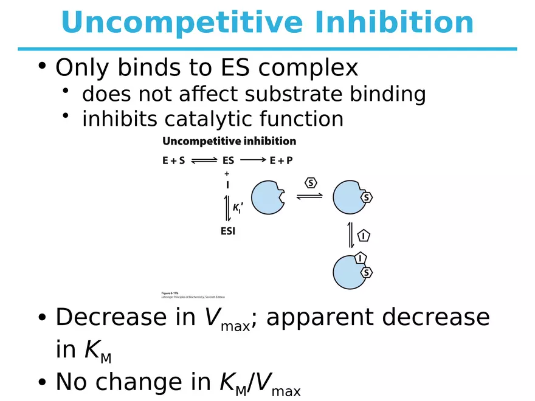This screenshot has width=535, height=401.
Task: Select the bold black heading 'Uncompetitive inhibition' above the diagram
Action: (x=229, y=141)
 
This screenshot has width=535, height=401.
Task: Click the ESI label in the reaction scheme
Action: (x=227, y=231)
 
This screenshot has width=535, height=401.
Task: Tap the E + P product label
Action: (x=281, y=162)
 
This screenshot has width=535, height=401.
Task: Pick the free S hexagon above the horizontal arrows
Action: (x=310, y=183)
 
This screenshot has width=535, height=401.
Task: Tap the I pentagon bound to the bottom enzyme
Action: (x=361, y=258)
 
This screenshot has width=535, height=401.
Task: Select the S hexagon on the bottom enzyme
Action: (x=366, y=273)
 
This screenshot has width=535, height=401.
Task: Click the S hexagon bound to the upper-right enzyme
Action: (x=367, y=197)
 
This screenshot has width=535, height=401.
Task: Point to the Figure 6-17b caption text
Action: (x=186, y=294)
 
